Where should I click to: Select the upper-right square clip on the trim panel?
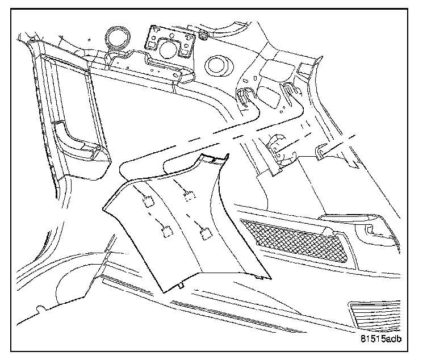tap(189, 196)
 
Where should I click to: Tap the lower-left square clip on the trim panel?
tap(168, 231)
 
